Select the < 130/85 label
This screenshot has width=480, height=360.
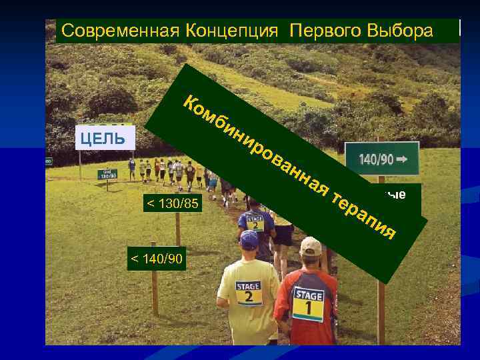point(172,203)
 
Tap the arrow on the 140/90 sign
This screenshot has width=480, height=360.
point(407,161)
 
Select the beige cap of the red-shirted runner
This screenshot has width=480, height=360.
point(310,245)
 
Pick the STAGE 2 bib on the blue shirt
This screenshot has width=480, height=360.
point(255,221)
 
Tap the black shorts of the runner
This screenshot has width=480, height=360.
point(283,235)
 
